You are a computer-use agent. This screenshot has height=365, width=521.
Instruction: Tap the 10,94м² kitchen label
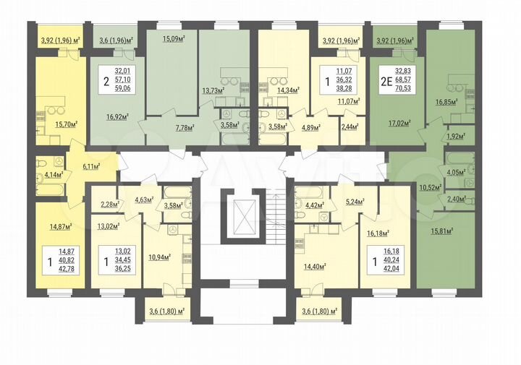[x=161, y=256]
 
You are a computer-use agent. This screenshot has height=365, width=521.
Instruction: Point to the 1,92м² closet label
[x=454, y=136]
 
